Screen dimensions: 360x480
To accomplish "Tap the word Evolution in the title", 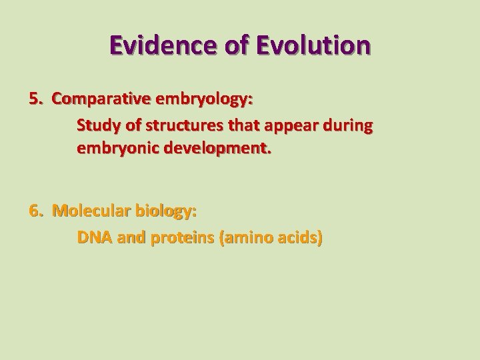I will [x=315, y=45].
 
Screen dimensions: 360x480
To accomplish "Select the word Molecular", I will [x=91, y=211].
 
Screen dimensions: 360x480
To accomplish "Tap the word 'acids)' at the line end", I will [x=298, y=237].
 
